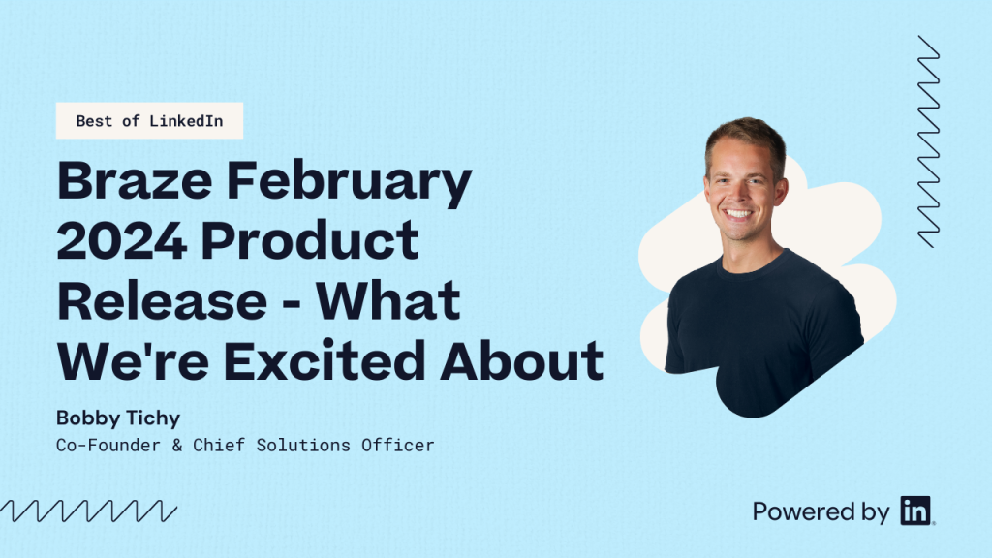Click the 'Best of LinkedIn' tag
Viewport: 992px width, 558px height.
coord(149,121)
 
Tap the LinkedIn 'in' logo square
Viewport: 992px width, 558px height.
coord(914,511)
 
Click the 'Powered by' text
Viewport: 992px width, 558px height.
coord(821,511)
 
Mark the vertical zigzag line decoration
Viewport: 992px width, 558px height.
coord(928,141)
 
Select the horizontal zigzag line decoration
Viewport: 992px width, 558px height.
coord(88,511)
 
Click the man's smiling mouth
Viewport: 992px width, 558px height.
coord(739,213)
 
